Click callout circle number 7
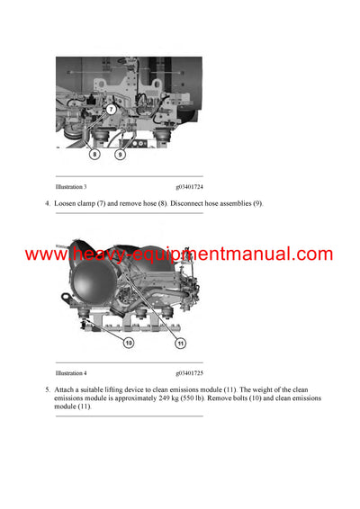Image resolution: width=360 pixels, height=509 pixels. point(111,109)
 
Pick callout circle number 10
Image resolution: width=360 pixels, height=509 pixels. point(129,343)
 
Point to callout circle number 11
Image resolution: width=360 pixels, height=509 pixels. point(181,343)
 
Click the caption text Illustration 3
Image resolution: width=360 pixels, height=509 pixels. point(71,186)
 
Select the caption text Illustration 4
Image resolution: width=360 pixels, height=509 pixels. point(71,372)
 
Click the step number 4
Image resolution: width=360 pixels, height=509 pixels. point(47,204)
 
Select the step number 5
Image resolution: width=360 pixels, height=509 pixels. point(47,388)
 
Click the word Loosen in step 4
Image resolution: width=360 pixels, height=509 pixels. point(66,204)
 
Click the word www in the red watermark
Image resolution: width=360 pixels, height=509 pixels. point(43,254)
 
